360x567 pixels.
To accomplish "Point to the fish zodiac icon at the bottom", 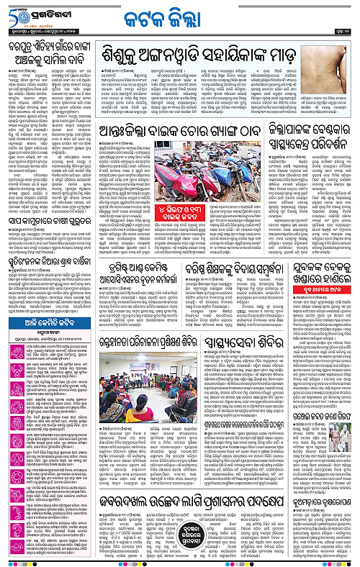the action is (9, 554).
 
